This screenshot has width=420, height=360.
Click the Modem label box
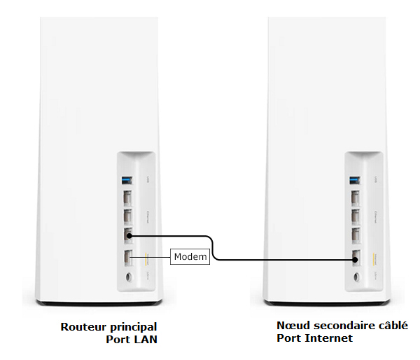coord(190,257)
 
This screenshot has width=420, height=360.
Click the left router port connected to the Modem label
coord(127,258)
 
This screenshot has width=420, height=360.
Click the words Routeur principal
coord(108,326)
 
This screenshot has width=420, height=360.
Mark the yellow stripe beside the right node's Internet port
coord(374,256)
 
